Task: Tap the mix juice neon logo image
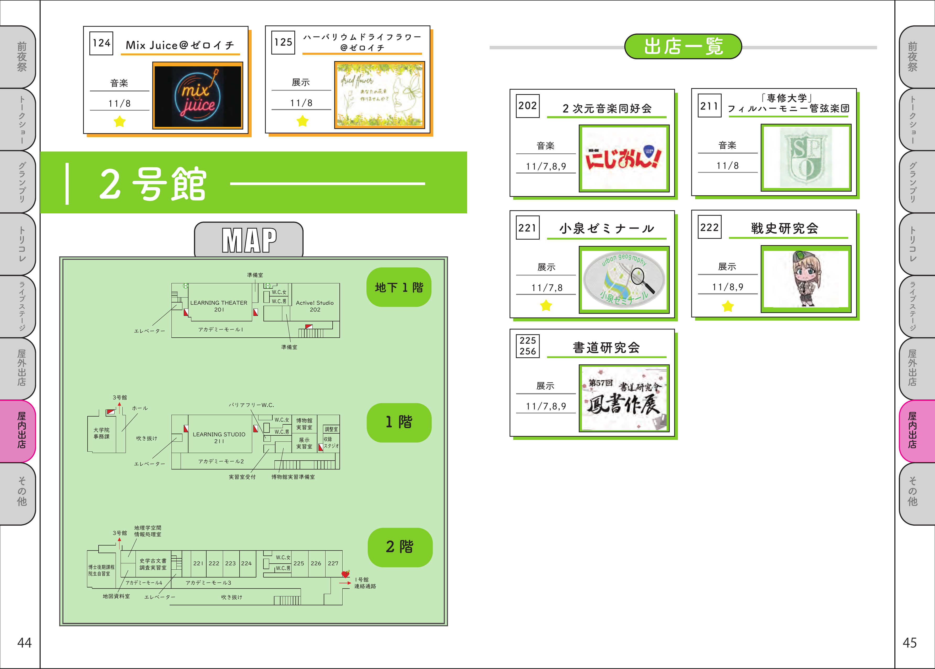(198, 96)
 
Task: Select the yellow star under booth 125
(302, 121)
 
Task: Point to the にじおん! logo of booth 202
(624, 159)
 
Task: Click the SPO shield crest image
(806, 158)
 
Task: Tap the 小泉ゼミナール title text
(606, 229)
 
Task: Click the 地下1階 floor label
(399, 287)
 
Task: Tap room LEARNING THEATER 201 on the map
(219, 306)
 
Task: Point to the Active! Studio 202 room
(315, 306)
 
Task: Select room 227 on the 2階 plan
(333, 563)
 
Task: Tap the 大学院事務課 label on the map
(101, 433)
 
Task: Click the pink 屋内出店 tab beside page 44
(21, 430)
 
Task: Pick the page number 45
(910, 643)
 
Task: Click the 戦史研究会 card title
(784, 228)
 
